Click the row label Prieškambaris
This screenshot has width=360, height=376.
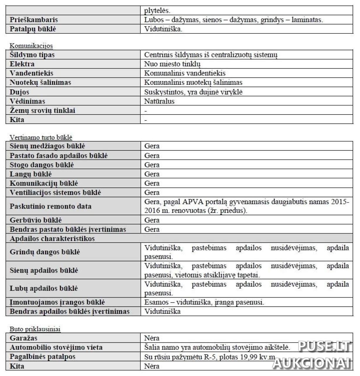tap(34, 20)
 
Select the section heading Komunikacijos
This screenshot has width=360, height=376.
tap(31, 46)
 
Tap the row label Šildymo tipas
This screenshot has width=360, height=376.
tap(32, 55)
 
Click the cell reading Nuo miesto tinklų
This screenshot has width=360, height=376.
tap(172, 64)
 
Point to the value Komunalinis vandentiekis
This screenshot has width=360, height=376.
tap(185, 73)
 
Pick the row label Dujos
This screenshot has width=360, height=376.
tap(19, 92)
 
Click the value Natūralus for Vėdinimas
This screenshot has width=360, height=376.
tap(159, 101)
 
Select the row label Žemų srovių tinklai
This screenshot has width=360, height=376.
tap(42, 110)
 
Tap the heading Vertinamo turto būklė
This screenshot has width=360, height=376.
tap(41, 137)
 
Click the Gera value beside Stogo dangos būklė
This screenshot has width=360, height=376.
tap(152, 165)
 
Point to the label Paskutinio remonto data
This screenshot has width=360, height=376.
tap(51, 206)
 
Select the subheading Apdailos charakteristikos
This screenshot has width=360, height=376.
tap(52, 238)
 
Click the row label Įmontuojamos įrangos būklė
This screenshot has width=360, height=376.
tap(57, 302)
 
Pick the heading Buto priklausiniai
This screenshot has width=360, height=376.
tap(35, 329)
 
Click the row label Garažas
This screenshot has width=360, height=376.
tap(24, 338)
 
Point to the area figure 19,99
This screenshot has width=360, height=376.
tap(243, 357)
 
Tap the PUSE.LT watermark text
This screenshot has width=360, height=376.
tap(324, 347)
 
